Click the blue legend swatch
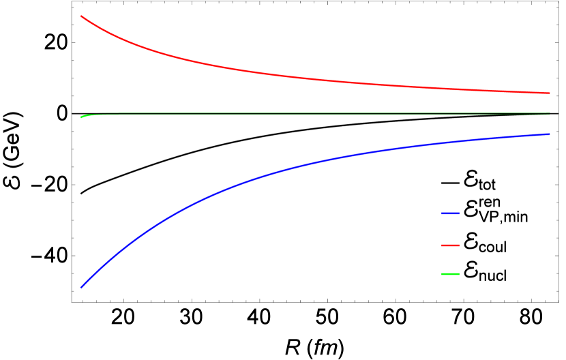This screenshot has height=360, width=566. click(450, 213)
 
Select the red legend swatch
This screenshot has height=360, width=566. click(450, 245)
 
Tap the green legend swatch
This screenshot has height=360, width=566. click(450, 274)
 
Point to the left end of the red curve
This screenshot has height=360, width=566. click(81, 16)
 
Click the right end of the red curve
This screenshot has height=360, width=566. click(550, 93)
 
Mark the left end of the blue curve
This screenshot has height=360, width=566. click(81, 287)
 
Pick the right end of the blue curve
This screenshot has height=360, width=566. click(550, 134)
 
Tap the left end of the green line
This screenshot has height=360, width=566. click(81, 117)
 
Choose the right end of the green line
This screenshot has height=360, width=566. click(550, 114)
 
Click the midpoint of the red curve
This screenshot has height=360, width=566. click(315, 79)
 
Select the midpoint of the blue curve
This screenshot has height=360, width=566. click(315, 162)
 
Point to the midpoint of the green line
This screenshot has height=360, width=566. click(315, 115)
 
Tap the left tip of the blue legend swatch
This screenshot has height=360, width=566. click(442, 213)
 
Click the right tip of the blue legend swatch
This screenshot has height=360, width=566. click(459, 213)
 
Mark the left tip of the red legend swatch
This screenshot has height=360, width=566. click(442, 245)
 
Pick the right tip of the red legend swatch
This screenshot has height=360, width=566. click(459, 245)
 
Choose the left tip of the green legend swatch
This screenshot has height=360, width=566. click(442, 274)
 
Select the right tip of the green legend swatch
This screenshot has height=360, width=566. click(459, 274)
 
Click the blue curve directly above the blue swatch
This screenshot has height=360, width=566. click(450, 142)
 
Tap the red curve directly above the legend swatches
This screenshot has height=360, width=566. click(450, 89)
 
